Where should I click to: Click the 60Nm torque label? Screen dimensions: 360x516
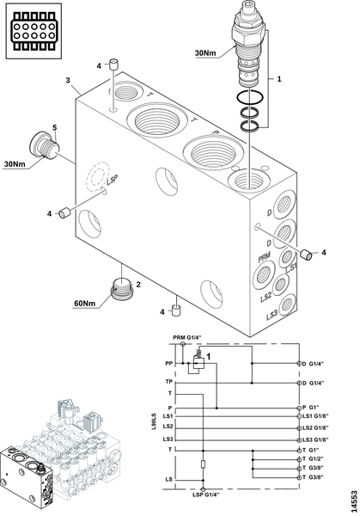[x=84, y=303]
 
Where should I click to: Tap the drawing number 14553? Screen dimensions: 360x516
[x=354, y=501]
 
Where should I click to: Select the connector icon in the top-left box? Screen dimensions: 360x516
[x=34, y=31]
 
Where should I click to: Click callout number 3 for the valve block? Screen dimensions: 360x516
[x=68, y=80]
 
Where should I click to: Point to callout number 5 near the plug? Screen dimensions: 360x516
[x=55, y=127]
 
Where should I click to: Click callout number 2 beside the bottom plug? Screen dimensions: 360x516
[x=138, y=285]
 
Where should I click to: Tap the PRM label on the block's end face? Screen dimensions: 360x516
[x=264, y=256]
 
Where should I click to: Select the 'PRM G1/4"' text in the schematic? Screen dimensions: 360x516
[x=186, y=337]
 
